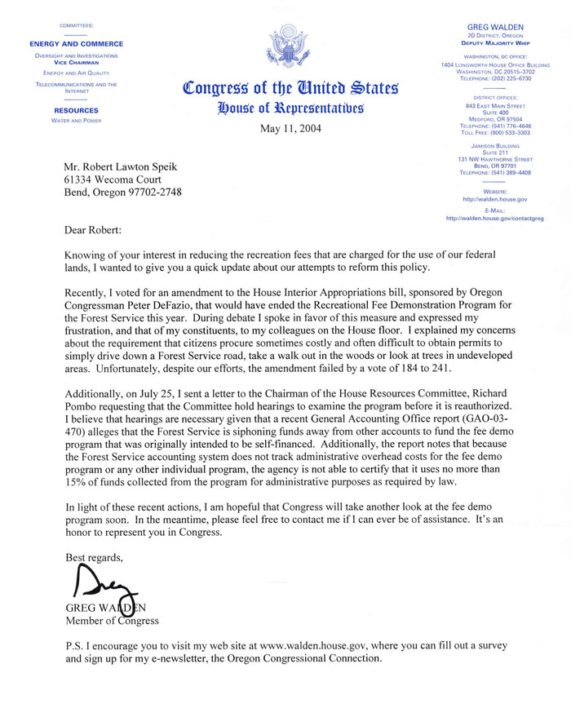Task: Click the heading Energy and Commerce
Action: coord(77,43)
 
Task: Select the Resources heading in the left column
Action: coord(77,110)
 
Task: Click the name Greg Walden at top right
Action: coord(494,26)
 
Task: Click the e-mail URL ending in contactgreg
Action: coord(495,219)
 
